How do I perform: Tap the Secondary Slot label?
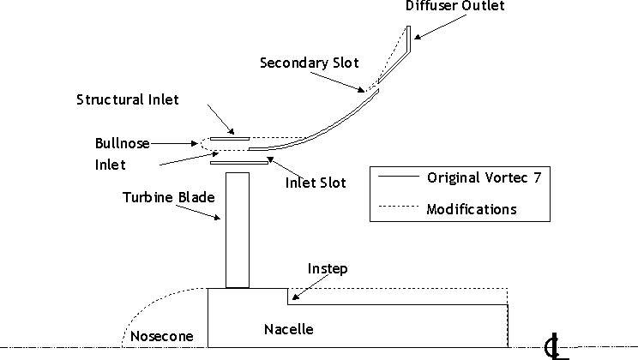310,63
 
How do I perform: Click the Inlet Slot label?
315,183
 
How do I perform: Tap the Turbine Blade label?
167,198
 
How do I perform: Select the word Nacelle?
288,329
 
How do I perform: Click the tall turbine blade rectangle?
237,230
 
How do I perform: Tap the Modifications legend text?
472,208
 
